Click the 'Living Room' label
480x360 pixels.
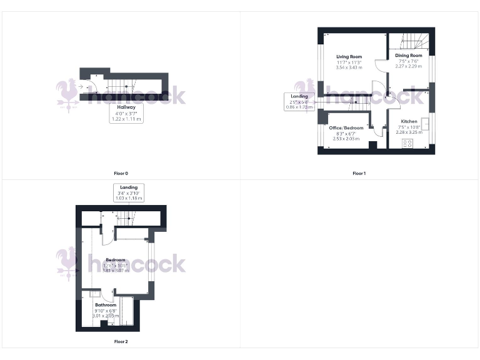(349, 57)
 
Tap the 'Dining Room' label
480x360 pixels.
(409, 56)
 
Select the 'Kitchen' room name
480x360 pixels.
(409, 121)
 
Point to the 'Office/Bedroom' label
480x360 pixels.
(346, 127)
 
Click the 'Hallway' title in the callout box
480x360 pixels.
(126, 107)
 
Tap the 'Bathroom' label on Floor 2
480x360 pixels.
(106, 305)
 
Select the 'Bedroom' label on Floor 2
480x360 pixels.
(115, 260)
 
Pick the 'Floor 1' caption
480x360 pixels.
(359, 173)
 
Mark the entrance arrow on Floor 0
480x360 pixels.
(81, 87)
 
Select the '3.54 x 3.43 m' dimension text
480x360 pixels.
(349, 67)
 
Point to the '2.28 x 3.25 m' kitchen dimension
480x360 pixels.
(409, 132)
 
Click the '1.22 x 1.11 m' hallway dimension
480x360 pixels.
(126, 119)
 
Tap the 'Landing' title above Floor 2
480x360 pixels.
(129, 187)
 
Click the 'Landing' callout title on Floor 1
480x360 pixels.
(299, 96)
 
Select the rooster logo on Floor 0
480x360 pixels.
(67, 92)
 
